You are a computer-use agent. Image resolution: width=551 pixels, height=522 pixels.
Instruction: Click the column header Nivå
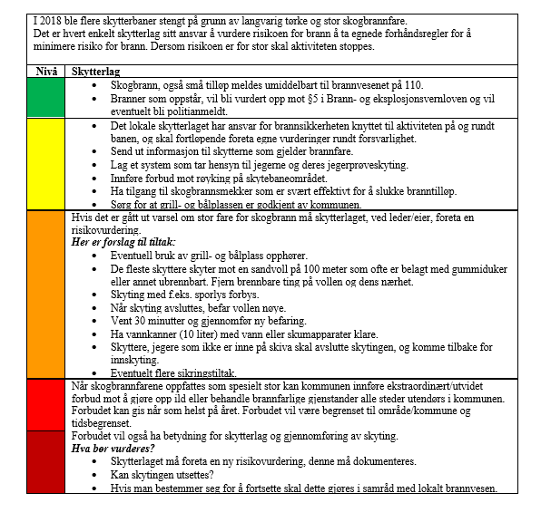click(47, 70)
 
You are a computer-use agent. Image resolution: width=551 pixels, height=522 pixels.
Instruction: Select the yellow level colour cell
click(47, 163)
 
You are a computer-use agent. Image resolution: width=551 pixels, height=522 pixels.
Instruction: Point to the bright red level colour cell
click(47, 405)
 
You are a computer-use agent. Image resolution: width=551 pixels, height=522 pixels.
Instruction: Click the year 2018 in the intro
click(54, 19)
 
